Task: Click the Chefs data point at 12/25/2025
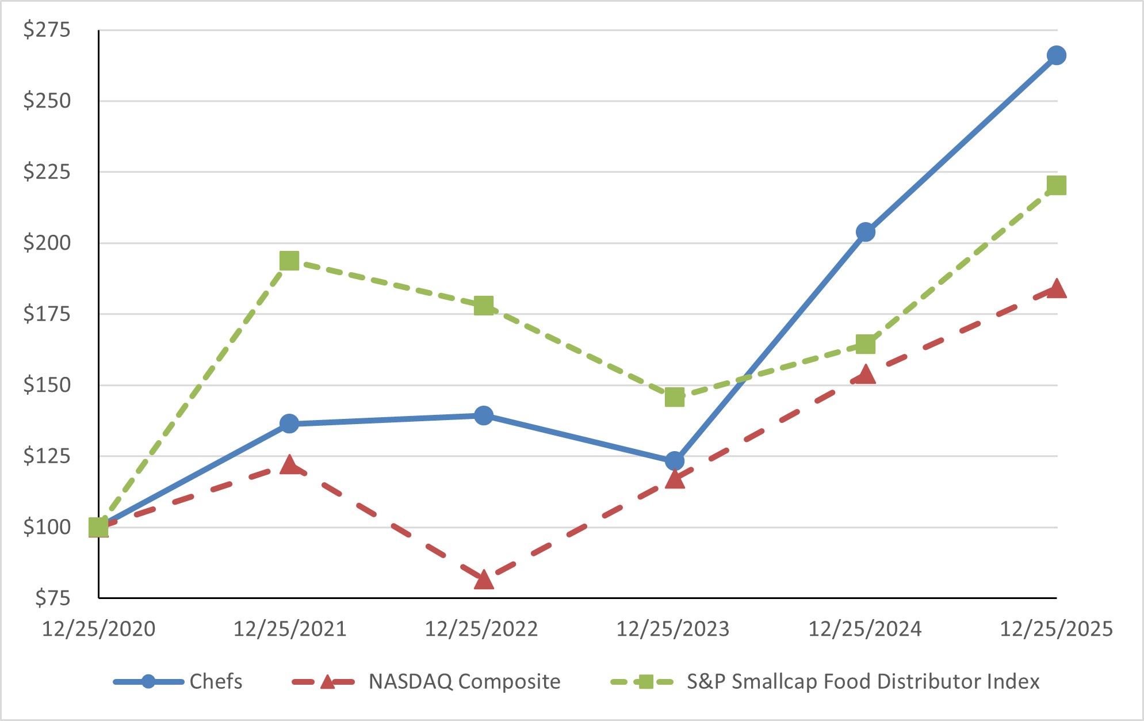[1056, 56]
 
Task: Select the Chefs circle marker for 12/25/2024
[865, 232]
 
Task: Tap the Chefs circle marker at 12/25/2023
[675, 461]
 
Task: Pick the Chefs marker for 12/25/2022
[484, 415]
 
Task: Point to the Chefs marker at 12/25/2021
[289, 424]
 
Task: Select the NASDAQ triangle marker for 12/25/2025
[1056, 289]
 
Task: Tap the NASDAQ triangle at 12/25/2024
[865, 375]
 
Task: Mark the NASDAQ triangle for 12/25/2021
[289, 465]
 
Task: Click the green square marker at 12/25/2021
[289, 261]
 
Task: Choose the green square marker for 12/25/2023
[675, 397]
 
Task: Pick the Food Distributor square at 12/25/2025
[1056, 185]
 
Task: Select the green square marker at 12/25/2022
[484, 306]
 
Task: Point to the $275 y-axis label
[47, 29]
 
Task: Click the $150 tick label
[47, 385]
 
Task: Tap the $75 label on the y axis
[52, 598]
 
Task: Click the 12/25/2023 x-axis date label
[673, 629]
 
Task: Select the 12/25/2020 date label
[99, 629]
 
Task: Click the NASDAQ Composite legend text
[464, 681]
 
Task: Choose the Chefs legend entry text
[216, 681]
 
